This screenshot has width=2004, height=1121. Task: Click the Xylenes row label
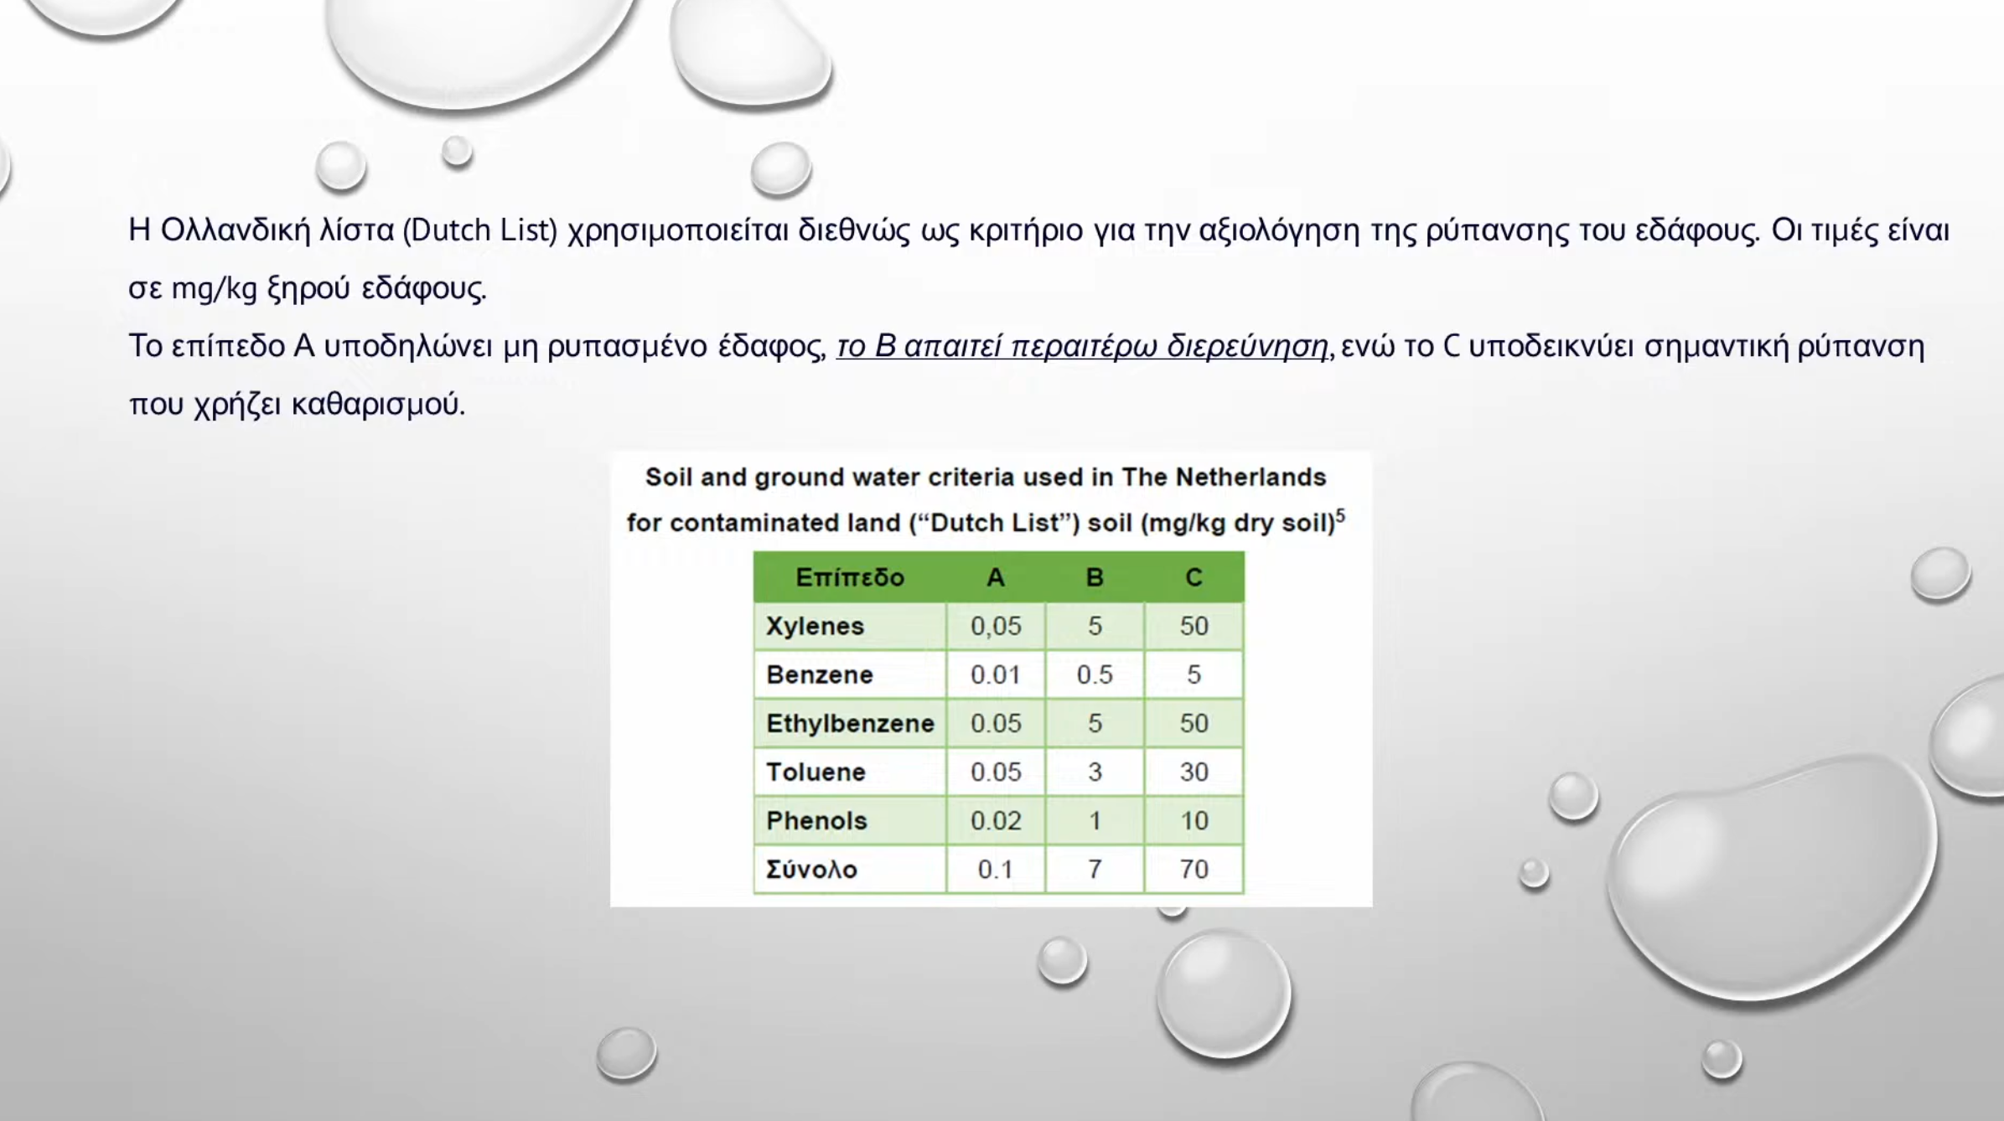tap(815, 627)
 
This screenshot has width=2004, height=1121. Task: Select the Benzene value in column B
tap(1095, 675)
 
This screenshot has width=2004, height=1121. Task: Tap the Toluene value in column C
tap(1194, 772)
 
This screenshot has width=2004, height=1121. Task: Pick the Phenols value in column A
tap(996, 821)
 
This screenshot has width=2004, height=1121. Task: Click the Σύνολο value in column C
tap(1194, 870)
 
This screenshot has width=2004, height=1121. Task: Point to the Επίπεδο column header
tap(850, 577)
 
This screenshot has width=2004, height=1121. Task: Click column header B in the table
tap(1095, 577)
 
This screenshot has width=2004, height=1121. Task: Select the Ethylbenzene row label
tap(850, 723)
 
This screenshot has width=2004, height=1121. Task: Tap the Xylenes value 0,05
tap(996, 627)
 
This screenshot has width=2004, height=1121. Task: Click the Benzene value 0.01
tap(996, 675)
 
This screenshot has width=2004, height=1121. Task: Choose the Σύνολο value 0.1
tap(996, 870)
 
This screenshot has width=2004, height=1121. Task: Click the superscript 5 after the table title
tap(1340, 515)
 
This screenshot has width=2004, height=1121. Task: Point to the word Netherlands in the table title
tap(1251, 477)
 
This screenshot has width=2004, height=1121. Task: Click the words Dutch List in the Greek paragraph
tap(479, 230)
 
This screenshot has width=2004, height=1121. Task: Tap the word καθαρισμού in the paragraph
tap(378, 405)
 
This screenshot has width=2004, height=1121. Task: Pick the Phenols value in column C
tap(1194, 821)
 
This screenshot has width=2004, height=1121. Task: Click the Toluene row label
tap(816, 772)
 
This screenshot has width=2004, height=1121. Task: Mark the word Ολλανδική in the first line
tap(236, 230)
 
